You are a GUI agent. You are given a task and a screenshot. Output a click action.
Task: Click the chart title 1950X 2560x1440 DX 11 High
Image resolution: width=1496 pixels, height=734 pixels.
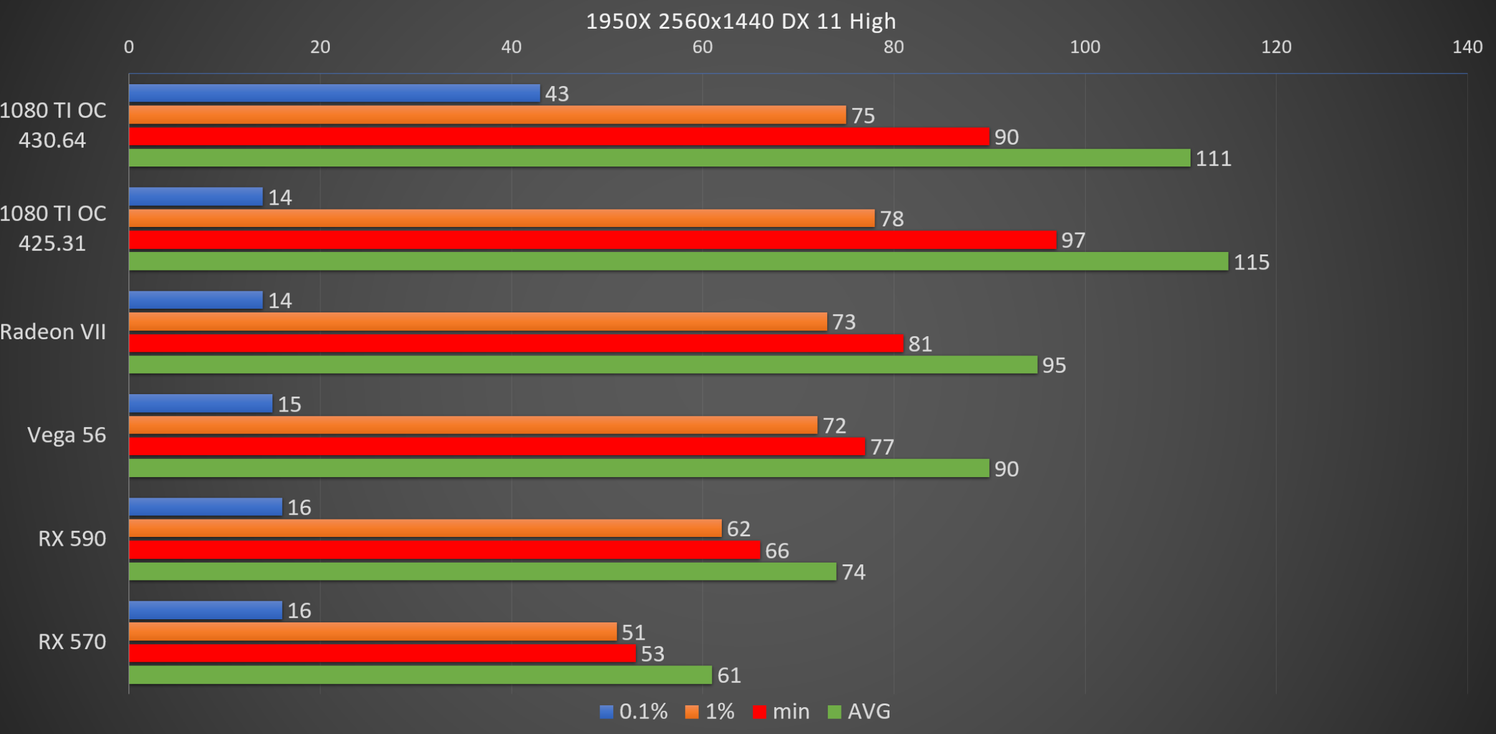click(741, 21)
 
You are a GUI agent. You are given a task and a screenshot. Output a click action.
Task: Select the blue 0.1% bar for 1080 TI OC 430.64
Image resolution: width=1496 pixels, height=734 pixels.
click(334, 94)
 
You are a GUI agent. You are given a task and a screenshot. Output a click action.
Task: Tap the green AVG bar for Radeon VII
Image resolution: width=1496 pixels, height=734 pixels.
click(583, 365)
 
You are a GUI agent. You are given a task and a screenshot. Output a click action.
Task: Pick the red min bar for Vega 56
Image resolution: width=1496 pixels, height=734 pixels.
click(497, 447)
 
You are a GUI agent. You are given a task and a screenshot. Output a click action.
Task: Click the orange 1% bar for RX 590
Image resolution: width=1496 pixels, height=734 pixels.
click(425, 529)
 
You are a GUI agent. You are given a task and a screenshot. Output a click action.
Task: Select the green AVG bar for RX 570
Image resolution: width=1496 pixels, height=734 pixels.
click(420, 675)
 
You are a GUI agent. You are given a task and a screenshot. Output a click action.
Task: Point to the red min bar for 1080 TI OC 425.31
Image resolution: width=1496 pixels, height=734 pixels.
click(592, 240)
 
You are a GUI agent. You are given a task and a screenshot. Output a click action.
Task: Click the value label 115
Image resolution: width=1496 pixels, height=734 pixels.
click(1252, 262)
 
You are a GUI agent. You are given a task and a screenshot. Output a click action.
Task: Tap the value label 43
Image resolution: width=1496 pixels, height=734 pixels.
click(557, 94)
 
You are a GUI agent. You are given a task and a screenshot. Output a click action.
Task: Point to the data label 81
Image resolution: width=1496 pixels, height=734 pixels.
click(920, 344)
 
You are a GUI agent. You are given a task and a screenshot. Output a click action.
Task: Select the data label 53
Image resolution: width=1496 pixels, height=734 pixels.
click(653, 654)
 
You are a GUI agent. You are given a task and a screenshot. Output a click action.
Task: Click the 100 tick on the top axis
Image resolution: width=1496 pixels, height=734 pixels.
click(1085, 47)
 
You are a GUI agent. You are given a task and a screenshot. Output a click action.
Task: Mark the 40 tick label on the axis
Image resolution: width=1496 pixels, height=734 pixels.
click(511, 47)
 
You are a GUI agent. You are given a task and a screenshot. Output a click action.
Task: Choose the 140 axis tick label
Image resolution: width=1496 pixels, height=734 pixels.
click(1467, 47)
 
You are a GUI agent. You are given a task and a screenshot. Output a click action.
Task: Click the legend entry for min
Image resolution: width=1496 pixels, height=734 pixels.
click(782, 712)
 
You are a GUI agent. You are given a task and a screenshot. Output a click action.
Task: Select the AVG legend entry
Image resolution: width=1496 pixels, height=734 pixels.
click(860, 712)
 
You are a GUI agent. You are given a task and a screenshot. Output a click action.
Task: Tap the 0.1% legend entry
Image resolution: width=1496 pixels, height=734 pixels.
click(634, 712)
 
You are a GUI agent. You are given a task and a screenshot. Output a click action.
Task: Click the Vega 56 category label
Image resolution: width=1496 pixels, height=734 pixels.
click(67, 435)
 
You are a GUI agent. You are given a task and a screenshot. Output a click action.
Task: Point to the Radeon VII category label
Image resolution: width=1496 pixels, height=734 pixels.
click(53, 332)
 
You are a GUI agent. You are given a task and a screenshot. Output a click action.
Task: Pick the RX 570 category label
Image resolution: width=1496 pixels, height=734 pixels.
click(72, 642)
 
